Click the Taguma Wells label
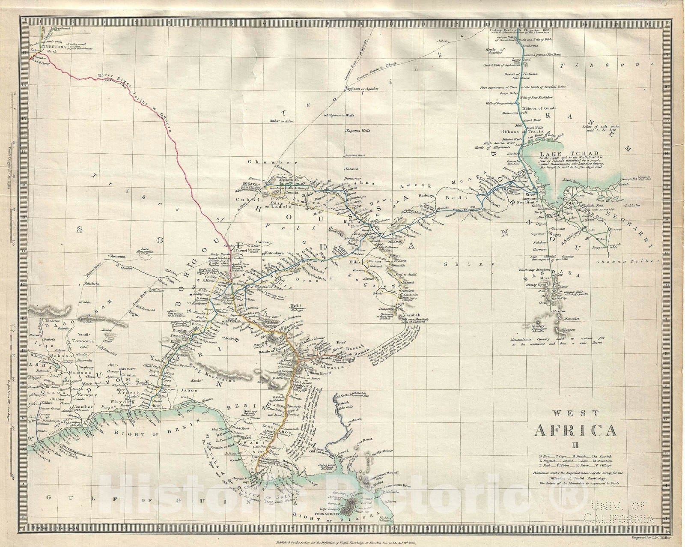point(357,131)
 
